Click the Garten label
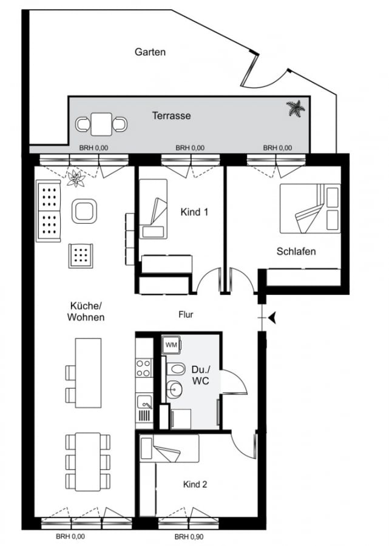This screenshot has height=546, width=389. pyautogui.click(x=150, y=52)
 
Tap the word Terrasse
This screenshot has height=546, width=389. pyautogui.click(x=171, y=116)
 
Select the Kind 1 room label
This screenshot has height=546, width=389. pyautogui.click(x=194, y=212)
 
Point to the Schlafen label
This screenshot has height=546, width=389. pyautogui.click(x=296, y=251)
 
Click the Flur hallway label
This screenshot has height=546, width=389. pyautogui.click(x=186, y=314)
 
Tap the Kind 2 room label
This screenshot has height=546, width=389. pyautogui.click(x=195, y=484)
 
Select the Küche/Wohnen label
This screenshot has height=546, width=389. pyautogui.click(x=86, y=311)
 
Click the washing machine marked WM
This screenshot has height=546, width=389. pyautogui.click(x=171, y=345)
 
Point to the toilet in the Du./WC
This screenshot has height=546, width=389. pyautogui.click(x=175, y=369)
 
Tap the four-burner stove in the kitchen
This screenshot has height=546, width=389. pyautogui.click(x=144, y=368)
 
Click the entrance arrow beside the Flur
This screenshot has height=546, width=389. pyautogui.click(x=272, y=317)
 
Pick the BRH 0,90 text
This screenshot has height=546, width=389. pyautogui.click(x=189, y=537)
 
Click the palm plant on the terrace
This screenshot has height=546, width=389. pyautogui.click(x=296, y=109)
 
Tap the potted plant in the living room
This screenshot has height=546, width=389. pyautogui.click(x=76, y=178)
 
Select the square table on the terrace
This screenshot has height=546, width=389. pyautogui.click(x=101, y=124)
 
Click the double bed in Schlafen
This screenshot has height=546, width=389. pyautogui.click(x=310, y=208)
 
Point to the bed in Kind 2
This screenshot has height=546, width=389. pyautogui.click(x=169, y=449)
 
